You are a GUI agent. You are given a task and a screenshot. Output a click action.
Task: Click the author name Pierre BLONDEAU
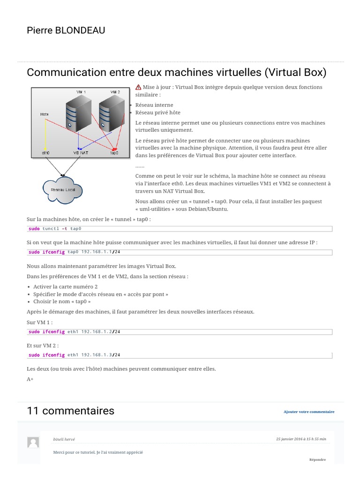pos(66,31)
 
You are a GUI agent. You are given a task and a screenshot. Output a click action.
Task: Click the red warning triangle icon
pos(138,87)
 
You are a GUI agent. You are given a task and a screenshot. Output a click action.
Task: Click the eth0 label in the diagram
pos(45,153)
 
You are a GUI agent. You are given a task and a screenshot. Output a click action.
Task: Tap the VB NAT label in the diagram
pos(80,153)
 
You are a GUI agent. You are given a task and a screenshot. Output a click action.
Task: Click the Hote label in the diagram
pos(45,114)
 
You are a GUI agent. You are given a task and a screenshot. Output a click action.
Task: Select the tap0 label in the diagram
pos(114,153)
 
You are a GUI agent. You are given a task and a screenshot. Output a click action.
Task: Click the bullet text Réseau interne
pos(154,105)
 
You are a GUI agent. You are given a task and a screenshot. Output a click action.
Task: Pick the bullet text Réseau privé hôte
pos(158,112)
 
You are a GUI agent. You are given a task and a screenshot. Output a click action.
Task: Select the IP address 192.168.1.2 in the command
pos(97,331)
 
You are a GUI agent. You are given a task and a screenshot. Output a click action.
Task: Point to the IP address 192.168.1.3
pos(97,355)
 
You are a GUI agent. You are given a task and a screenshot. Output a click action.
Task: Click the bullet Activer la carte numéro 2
pos(66,286)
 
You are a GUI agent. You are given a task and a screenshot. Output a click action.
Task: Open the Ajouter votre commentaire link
pos(309,412)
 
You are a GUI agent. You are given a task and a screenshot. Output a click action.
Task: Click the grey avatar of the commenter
pos(33,442)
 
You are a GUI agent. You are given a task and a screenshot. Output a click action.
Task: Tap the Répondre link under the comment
pos(317,460)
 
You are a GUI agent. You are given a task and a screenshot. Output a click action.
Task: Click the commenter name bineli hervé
pos(64,439)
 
